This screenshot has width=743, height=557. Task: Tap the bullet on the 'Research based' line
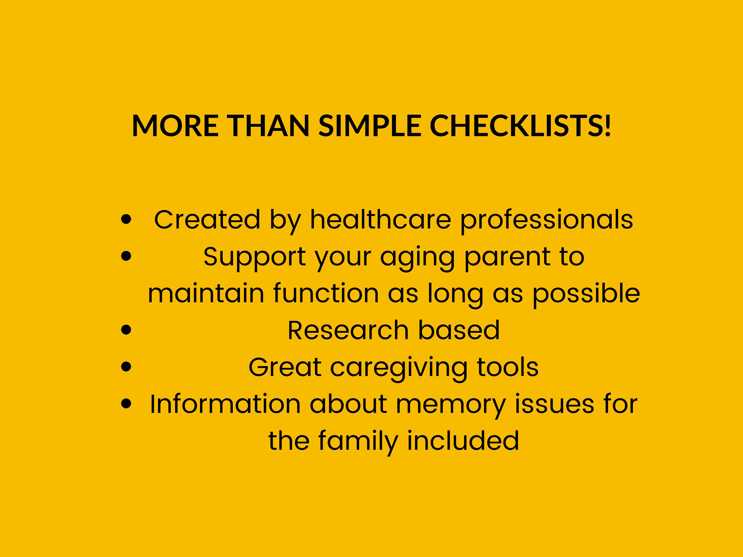point(126,330)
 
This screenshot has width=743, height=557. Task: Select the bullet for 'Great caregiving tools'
point(126,367)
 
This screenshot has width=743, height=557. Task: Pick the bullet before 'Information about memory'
point(126,403)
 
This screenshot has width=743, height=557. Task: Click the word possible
point(586,295)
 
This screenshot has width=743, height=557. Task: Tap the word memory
point(451,406)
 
